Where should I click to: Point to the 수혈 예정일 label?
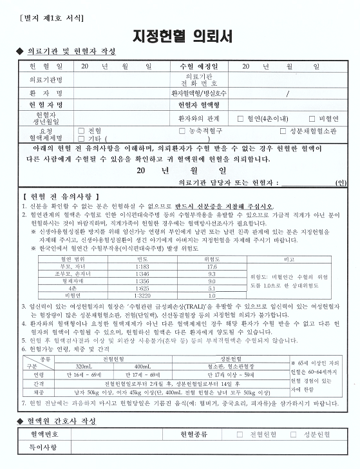click(x=199, y=66)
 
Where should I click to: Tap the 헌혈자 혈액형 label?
click(x=199, y=105)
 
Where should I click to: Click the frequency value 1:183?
click(x=124, y=248)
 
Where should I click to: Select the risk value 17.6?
click(x=212, y=248)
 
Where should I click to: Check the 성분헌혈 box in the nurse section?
click(x=297, y=434)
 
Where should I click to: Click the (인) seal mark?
click(x=341, y=182)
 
